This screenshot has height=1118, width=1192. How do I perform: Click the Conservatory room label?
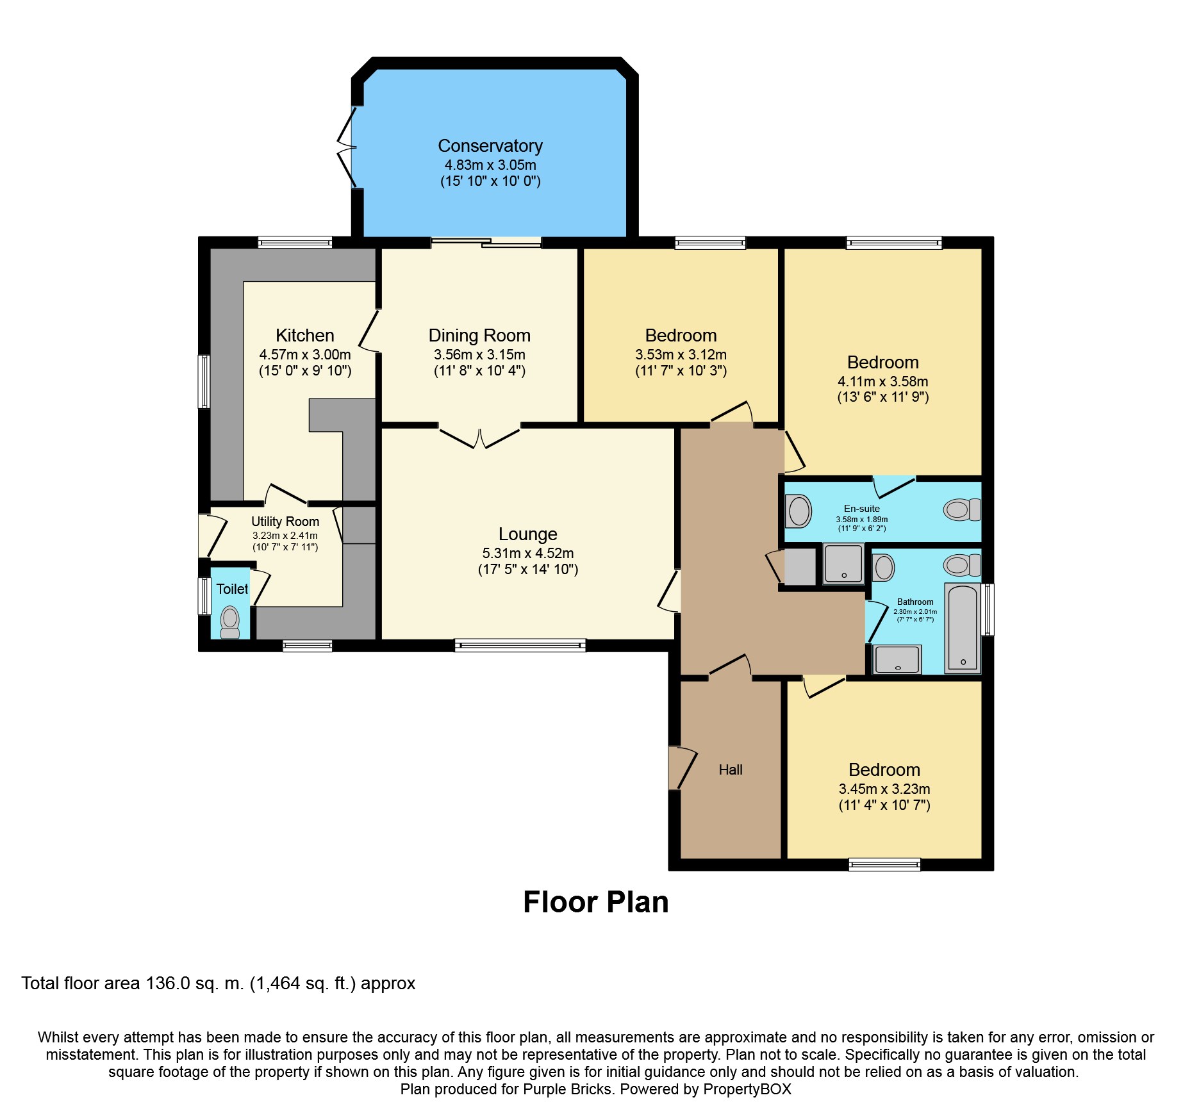pyautogui.click(x=490, y=146)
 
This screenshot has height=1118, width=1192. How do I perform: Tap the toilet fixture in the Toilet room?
pyautogui.click(x=230, y=622)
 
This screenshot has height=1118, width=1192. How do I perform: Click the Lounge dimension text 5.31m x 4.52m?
pyautogui.click(x=528, y=553)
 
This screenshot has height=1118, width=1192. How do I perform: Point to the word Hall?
pyautogui.click(x=731, y=770)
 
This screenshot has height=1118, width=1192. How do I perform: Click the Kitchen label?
pyautogui.click(x=305, y=335)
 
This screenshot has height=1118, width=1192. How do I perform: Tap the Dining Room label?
pyautogui.click(x=479, y=336)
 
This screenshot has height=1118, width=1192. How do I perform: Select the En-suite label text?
pyautogui.click(x=862, y=509)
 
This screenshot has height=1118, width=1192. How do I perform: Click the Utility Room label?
pyautogui.click(x=285, y=522)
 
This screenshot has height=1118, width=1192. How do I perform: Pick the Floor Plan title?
pyautogui.click(x=596, y=902)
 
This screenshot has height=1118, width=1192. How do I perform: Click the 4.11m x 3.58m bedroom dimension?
pyautogui.click(x=883, y=381)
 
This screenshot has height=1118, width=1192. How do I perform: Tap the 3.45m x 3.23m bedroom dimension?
pyautogui.click(x=884, y=789)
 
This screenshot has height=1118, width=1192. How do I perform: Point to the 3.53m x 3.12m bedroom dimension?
pyautogui.click(x=681, y=354)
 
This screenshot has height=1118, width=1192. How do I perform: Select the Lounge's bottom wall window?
pyautogui.click(x=520, y=645)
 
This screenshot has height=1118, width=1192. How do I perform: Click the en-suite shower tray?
pyautogui.click(x=843, y=564)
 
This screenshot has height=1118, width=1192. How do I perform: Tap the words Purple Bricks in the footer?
pyautogui.click(x=568, y=1089)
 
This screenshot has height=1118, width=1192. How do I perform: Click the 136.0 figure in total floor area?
pyautogui.click(x=168, y=983)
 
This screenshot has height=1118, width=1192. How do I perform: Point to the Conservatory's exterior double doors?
pyautogui.click(x=346, y=148)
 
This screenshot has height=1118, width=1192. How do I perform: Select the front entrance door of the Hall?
pyautogui.click(x=683, y=768)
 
